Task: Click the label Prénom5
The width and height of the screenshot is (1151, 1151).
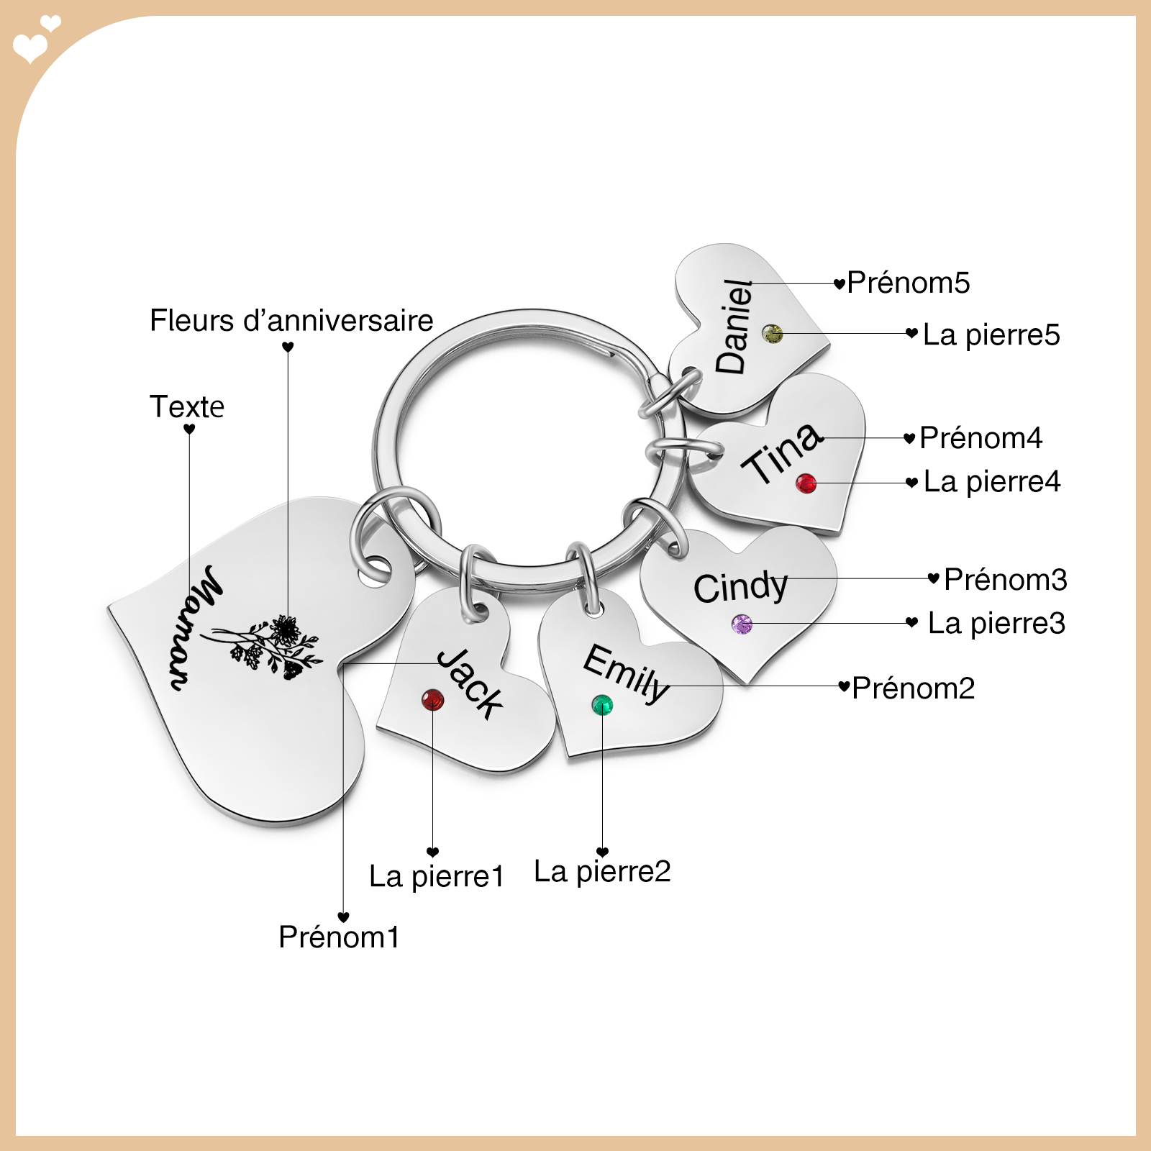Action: coord(909,283)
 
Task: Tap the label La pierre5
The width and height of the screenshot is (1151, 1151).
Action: coord(991,335)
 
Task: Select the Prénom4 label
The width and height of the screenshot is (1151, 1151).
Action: coord(981,438)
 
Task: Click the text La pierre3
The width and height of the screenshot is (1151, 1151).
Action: coord(996,624)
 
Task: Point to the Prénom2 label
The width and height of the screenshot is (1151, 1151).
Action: coord(914,688)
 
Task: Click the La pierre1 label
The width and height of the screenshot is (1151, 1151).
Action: coord(437,877)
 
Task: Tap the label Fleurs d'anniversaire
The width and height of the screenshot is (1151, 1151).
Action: coord(291,321)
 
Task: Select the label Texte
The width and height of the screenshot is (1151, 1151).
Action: coord(187,407)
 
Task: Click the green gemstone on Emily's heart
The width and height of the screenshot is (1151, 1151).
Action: coord(602,705)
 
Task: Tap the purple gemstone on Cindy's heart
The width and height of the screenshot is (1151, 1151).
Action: coord(742,624)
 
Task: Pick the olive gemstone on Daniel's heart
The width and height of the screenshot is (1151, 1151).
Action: coord(773,334)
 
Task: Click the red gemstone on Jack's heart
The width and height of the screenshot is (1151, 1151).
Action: coord(433,700)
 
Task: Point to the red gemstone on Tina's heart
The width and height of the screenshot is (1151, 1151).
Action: coord(806,483)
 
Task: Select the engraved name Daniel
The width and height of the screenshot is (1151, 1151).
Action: coord(734,327)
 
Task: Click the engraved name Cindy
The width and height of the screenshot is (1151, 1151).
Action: coord(741,587)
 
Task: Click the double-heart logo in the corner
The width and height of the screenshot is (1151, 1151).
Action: coord(37,40)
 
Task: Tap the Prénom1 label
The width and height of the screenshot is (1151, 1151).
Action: coord(339,937)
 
